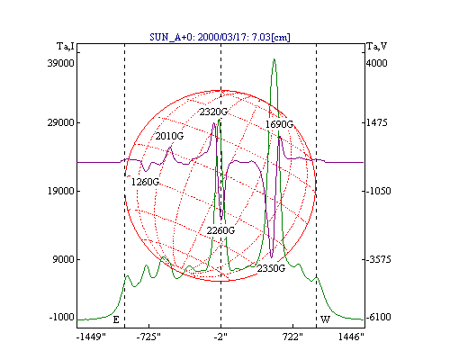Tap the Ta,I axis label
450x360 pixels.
click(x=66, y=46)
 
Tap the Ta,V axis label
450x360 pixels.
click(x=377, y=46)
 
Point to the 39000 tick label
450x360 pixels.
click(x=60, y=63)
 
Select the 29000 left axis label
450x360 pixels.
click(x=60, y=122)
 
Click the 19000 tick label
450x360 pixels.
click(x=60, y=191)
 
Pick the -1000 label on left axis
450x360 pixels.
click(x=62, y=317)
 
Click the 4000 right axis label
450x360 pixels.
click(x=377, y=63)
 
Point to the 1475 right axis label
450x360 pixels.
click(x=377, y=122)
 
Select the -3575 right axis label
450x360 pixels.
click(x=379, y=259)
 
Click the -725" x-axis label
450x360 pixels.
click(x=148, y=337)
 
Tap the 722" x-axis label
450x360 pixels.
click(x=292, y=337)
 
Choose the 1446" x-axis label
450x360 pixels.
click(x=351, y=337)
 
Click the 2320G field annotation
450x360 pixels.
click(x=213, y=112)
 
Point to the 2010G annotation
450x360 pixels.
click(x=169, y=136)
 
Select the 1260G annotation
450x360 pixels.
click(x=146, y=182)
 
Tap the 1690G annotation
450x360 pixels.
click(x=279, y=124)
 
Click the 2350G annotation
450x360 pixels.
click(x=271, y=268)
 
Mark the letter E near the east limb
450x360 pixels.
click(x=116, y=319)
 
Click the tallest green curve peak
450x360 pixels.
click(x=274, y=59)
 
